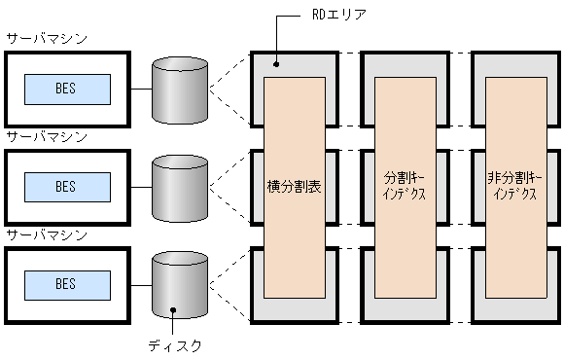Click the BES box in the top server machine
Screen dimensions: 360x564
[x=65, y=89]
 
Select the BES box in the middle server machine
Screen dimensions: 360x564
[x=65, y=186]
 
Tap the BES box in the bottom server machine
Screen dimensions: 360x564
[x=65, y=284]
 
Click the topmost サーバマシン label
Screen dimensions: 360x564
[x=46, y=39]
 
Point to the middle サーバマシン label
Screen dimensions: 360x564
[x=46, y=137]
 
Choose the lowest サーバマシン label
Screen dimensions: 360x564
[x=46, y=235]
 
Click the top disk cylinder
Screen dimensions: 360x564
[x=181, y=89]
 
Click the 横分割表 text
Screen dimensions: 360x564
[x=295, y=185]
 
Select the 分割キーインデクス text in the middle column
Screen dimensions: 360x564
[x=405, y=186]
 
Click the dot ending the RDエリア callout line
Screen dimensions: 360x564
[x=275, y=64]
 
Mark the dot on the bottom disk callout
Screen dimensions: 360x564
[x=173, y=311]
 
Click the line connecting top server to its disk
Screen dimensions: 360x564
[x=141, y=89]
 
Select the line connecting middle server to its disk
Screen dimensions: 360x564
[x=141, y=186]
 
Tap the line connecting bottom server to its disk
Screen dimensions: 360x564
[x=141, y=284]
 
